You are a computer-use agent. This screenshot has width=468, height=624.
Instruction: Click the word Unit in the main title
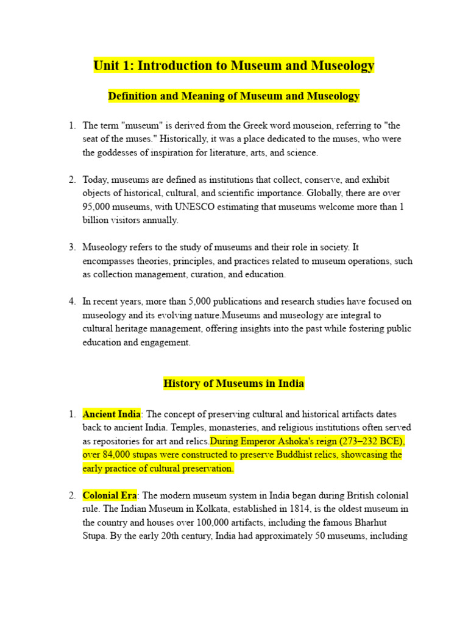click(107, 65)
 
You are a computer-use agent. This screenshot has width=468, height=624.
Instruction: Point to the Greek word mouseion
click(314, 126)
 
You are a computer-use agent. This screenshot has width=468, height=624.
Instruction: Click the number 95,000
click(96, 207)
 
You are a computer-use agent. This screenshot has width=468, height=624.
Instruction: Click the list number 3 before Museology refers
click(72, 247)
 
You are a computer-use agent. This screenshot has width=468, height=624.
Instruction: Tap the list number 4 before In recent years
click(72, 302)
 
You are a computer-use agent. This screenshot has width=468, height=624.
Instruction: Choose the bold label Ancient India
click(112, 414)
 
